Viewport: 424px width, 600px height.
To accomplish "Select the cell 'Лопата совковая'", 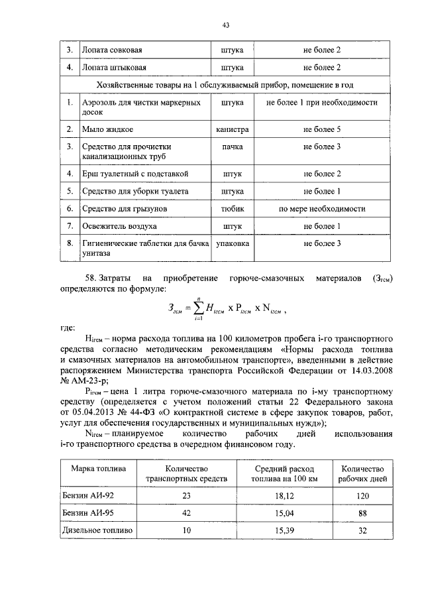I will [112, 50].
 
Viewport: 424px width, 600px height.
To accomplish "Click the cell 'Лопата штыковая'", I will [112, 68].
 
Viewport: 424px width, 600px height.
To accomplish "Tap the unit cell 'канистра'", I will [232, 128].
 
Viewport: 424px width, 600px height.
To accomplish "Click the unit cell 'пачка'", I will [232, 146].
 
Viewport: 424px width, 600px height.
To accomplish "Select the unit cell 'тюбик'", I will [232, 209].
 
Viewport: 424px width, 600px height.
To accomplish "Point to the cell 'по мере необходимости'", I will [322, 209].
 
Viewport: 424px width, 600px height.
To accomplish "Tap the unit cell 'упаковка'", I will [232, 244].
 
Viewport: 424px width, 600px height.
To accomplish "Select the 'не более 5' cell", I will [322, 128].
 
